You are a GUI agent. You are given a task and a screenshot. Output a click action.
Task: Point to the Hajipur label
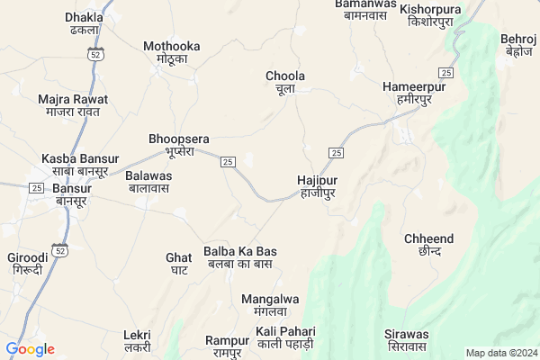[317, 186]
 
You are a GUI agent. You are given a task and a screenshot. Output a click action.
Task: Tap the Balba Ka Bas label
[240, 256]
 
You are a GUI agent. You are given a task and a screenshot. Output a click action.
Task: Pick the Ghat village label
[178, 263]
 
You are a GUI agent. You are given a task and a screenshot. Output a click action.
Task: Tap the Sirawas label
[406, 340]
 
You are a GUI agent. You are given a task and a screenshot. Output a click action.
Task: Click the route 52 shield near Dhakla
[94, 55]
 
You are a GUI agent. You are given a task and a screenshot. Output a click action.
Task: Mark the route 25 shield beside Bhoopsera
[228, 161]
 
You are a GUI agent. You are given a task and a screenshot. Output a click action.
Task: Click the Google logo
[30, 349]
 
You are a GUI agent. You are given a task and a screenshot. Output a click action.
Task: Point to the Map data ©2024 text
[500, 353]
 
